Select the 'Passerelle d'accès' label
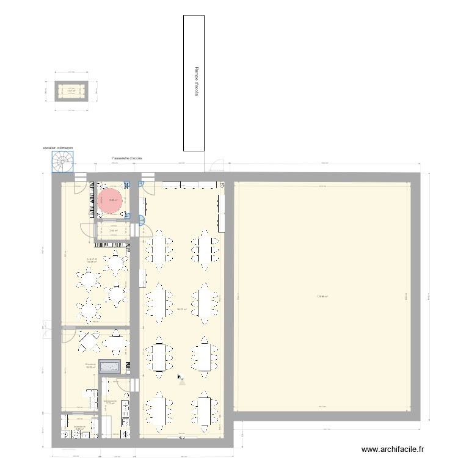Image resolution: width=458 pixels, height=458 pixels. tap(127, 158)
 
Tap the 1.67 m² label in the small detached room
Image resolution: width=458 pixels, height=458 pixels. tap(71, 90)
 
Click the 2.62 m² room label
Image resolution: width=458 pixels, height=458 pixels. tap(113, 230)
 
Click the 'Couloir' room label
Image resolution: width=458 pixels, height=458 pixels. tap(90, 366)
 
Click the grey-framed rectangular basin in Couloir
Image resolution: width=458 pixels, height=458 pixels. tap(112, 366)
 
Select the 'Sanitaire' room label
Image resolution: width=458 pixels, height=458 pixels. tap(78, 427)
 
